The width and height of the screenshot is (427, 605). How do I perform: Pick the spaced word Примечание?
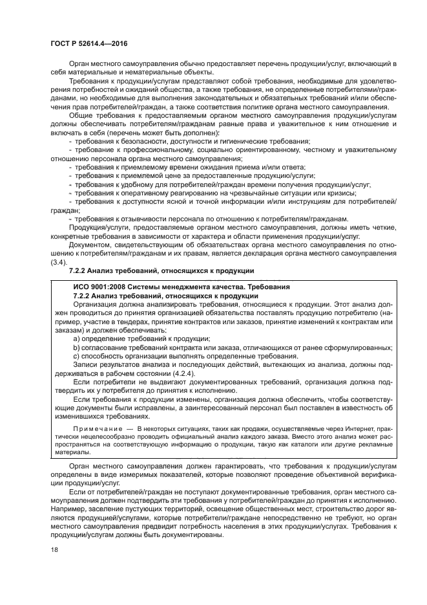95,428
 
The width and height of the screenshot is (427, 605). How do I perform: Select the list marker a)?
77,338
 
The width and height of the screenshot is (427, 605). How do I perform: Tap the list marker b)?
77,347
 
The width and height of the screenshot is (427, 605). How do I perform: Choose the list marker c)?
77,356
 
